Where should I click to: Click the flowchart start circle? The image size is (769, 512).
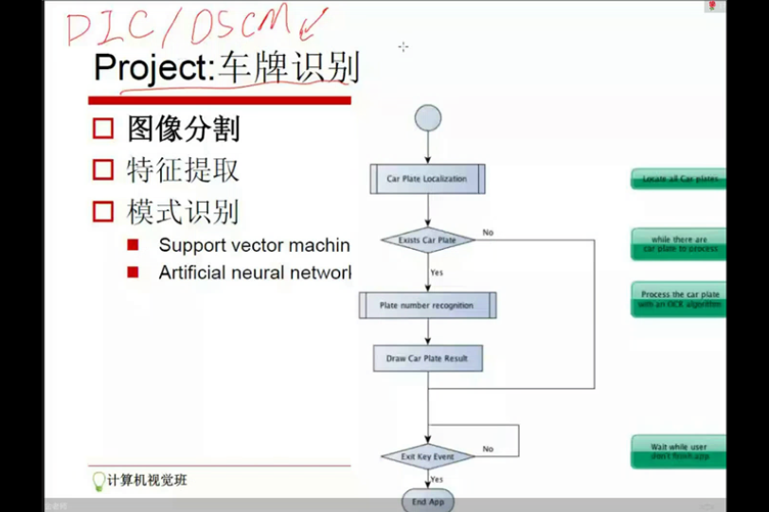tap(427, 118)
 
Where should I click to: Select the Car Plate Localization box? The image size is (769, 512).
tap(426, 179)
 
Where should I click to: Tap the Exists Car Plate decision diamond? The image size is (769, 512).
tap(427, 240)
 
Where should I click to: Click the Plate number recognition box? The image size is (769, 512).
tap(427, 306)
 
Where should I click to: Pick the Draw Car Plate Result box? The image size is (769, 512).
tap(427, 359)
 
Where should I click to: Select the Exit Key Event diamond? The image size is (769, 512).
tap(427, 456)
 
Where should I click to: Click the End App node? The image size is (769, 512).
tap(428, 502)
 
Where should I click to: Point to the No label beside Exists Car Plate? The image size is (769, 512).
tap(488, 232)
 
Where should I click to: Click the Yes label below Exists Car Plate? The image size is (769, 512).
tap(437, 273)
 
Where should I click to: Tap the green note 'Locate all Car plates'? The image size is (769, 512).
tap(679, 179)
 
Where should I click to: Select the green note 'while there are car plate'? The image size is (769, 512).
tap(679, 244)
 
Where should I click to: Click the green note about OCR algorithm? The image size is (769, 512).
tap(679, 300)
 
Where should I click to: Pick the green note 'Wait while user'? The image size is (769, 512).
tap(679, 450)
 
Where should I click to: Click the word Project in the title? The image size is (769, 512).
tap(153, 68)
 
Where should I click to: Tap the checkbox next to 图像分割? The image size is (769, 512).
tap(103, 129)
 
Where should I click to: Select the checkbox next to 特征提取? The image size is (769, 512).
tap(103, 170)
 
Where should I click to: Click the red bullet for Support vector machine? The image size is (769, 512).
tap(134, 245)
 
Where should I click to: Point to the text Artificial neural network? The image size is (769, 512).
tap(254, 273)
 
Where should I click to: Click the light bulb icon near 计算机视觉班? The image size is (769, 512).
tap(98, 481)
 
